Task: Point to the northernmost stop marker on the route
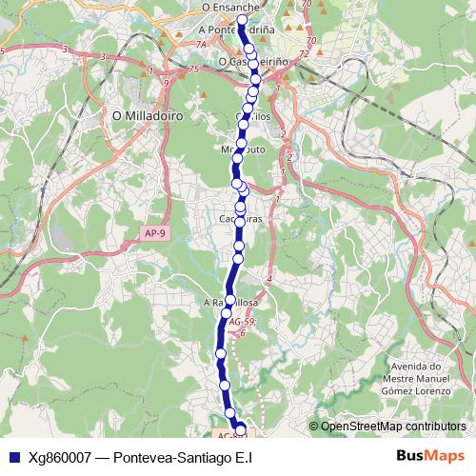tap(242, 20)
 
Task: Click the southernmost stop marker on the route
tap(240, 429)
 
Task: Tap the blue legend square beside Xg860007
tap(12, 456)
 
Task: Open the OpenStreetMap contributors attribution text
tap(392, 426)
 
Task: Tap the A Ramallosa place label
tap(231, 304)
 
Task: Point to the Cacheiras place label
tap(240, 218)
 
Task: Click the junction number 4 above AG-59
tap(269, 278)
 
